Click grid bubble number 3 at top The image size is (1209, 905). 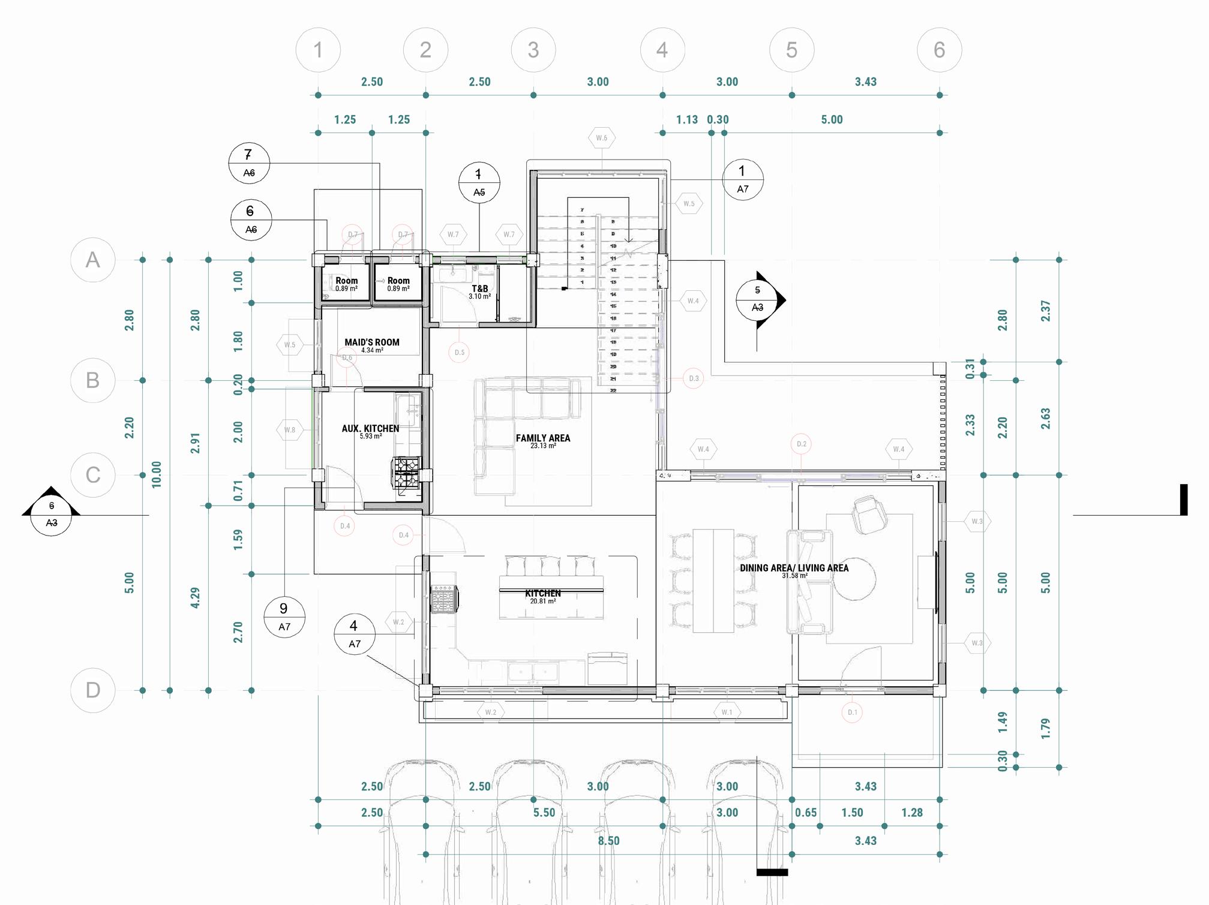[x=533, y=50]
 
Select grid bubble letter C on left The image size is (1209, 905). [x=92, y=475]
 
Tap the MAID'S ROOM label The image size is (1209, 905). [x=371, y=342]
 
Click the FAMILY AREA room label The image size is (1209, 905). [x=542, y=438]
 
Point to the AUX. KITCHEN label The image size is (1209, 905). [x=370, y=429]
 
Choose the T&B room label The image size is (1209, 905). [x=479, y=289]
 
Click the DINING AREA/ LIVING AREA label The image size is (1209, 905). [x=794, y=568]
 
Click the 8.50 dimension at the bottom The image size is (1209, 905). [x=608, y=841]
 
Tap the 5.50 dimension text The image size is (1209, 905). [x=544, y=813]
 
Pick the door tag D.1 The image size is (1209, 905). [x=852, y=712]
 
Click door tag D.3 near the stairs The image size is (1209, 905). [x=694, y=378]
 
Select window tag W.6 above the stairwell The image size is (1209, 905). [x=601, y=138]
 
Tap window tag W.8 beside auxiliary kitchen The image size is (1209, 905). [x=290, y=430]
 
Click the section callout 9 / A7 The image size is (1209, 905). [x=284, y=617]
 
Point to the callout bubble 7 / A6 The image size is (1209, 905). [x=249, y=163]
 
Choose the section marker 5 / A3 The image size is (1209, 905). [x=758, y=299]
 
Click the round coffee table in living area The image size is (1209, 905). [x=854, y=578]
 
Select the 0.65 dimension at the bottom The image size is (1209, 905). [x=806, y=813]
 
